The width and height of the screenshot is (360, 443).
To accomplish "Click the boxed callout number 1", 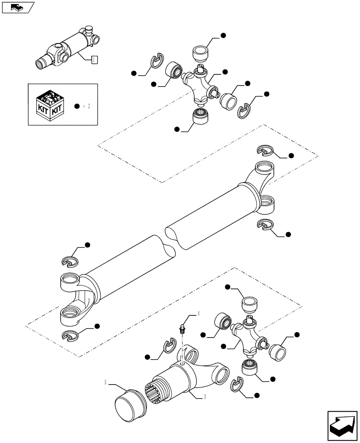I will (94, 59).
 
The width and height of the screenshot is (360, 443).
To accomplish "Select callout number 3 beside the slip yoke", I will (204, 397).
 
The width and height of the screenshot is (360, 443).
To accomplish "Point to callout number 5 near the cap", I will (105, 382).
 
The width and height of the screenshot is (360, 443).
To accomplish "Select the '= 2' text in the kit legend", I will (86, 106).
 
